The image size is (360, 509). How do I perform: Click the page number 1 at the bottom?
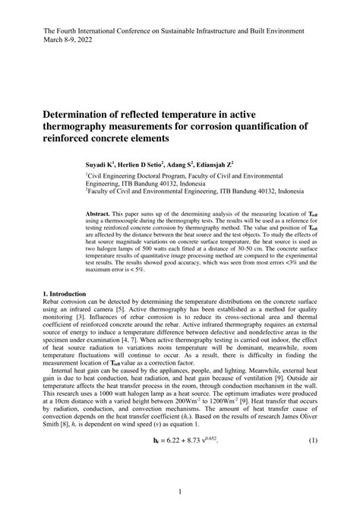coord(180,492)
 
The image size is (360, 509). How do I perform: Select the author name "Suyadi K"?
coord(101,163)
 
